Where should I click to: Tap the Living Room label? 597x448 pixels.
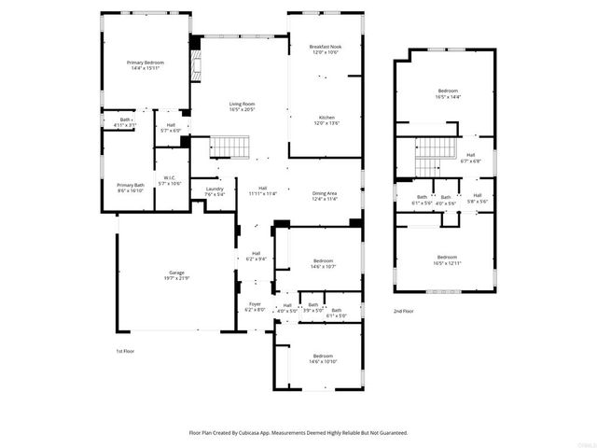pos(243,106)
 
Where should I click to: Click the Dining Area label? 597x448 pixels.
pos(324,195)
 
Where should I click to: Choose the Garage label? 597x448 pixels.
pos(176,275)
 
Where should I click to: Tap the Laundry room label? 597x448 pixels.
pos(215,191)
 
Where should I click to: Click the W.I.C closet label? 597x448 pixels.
pos(169,180)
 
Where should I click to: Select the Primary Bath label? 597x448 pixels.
pos(130,187)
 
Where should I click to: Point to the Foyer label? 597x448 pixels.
pos(255,306)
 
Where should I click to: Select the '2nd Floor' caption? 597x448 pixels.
pos(403,311)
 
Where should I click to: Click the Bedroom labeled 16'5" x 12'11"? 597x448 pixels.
pos(448,259)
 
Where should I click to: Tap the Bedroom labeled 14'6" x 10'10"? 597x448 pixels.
pos(323,357)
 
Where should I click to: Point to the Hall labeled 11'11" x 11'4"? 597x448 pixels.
pos(263,191)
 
